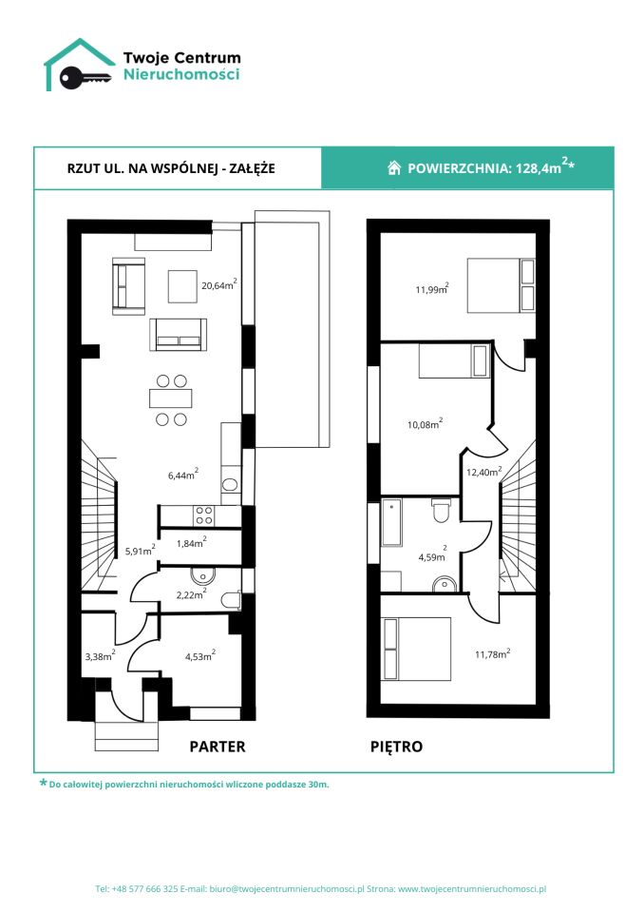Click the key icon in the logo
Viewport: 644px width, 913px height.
(x=85, y=77)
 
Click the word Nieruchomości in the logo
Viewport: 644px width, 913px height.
(x=181, y=74)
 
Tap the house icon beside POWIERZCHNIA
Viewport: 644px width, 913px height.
(x=394, y=167)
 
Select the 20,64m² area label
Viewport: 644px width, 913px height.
(x=219, y=284)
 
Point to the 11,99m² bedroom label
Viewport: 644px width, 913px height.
(x=431, y=288)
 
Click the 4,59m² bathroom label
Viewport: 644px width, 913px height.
(x=432, y=554)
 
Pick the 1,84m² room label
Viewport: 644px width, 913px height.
(x=192, y=543)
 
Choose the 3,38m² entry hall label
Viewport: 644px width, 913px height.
(x=100, y=655)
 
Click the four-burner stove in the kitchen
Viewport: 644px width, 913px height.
(x=204, y=515)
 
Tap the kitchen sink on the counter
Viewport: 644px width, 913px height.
(x=231, y=484)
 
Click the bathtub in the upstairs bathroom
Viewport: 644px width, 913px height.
(x=391, y=522)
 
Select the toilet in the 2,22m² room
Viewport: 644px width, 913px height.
(x=232, y=600)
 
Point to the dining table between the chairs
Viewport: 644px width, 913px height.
(x=171, y=398)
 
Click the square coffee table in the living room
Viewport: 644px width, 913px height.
(x=182, y=286)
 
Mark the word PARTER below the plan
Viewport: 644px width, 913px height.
(x=218, y=747)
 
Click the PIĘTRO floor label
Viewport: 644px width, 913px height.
(x=396, y=747)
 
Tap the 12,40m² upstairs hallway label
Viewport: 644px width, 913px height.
(x=484, y=472)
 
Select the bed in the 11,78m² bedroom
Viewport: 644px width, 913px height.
(x=417, y=649)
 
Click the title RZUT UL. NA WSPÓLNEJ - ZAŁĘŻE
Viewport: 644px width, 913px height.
(x=171, y=168)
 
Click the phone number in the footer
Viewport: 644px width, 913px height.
(x=145, y=889)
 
